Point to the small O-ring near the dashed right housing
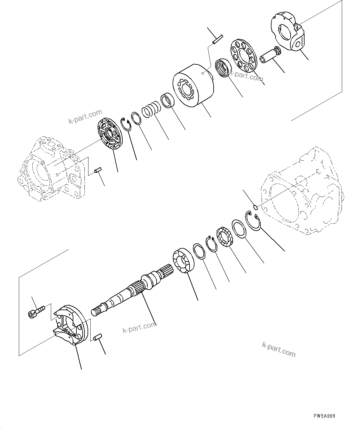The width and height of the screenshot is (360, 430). coord(255,207)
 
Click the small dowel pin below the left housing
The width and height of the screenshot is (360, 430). coord(98,170)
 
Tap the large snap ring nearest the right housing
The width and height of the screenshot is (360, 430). coord(254,221)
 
